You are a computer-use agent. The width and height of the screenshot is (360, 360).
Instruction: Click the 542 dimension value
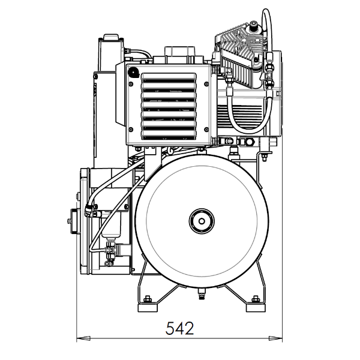[179, 328]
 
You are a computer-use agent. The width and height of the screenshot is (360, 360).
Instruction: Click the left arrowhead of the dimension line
[80, 339]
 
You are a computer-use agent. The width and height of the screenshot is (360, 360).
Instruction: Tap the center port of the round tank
[200, 221]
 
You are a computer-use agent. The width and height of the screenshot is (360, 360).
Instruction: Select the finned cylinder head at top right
[240, 54]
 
